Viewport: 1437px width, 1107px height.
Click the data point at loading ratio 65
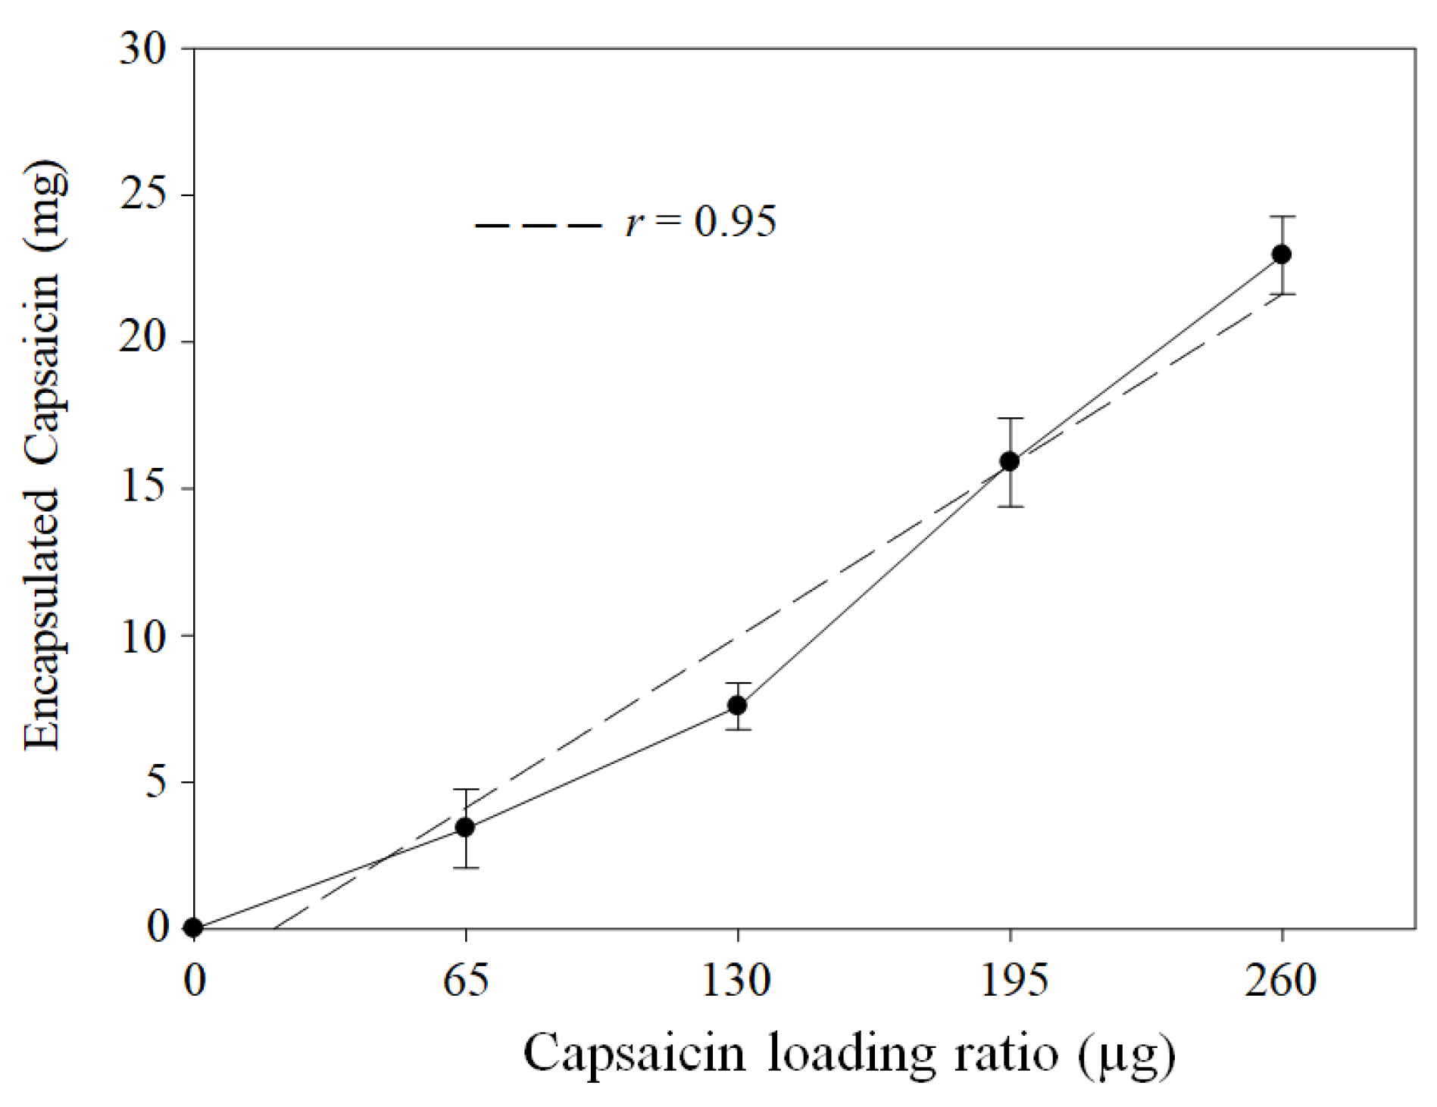click(x=465, y=827)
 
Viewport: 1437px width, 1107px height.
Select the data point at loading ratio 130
click(x=737, y=705)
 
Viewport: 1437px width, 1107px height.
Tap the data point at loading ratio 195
click(x=1010, y=461)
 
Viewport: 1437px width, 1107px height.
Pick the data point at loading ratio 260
click(x=1282, y=254)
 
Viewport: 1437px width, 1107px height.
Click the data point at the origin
click(x=194, y=927)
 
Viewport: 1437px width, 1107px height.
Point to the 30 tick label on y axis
click(x=142, y=50)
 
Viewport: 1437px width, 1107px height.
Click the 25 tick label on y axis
click(x=142, y=196)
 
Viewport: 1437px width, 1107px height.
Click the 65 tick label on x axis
click(x=465, y=981)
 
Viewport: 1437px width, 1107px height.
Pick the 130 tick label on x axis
click(x=736, y=981)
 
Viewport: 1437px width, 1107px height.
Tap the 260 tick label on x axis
click(x=1281, y=981)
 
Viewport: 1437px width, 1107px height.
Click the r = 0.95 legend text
click(x=701, y=222)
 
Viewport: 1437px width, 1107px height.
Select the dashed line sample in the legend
click(x=538, y=225)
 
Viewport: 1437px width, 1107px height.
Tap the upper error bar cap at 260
click(x=1282, y=217)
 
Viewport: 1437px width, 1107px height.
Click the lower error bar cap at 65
click(x=465, y=868)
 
